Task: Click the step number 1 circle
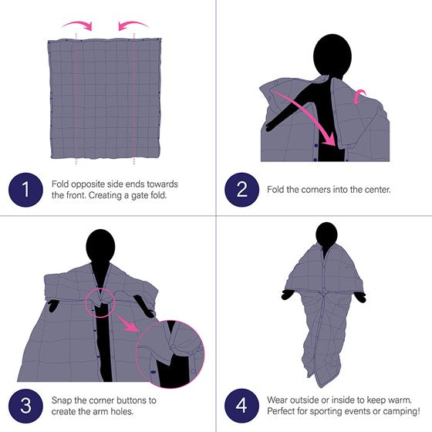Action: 25,190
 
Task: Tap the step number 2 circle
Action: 241,190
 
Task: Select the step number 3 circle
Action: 25,406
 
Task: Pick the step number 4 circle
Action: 241,406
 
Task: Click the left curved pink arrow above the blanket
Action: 79,24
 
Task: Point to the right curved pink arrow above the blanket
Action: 132,24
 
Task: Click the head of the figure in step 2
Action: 332,55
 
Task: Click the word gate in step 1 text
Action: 140,196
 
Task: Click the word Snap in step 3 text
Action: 62,400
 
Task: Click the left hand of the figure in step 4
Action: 288,295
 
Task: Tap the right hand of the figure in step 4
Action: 360,297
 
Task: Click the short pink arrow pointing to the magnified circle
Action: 127,323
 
